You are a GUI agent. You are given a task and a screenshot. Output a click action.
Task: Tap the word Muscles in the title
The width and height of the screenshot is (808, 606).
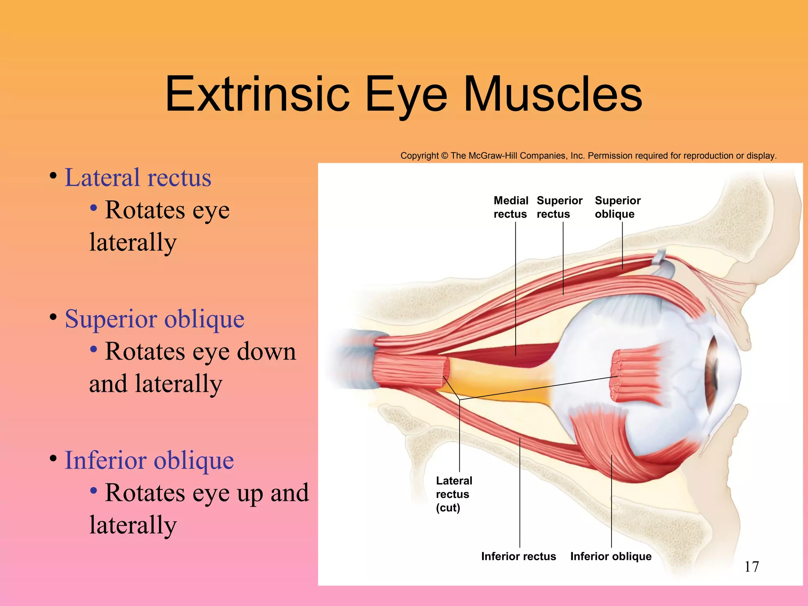coord(553,95)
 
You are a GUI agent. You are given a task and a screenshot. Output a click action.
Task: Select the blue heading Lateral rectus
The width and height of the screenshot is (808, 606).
coord(138,178)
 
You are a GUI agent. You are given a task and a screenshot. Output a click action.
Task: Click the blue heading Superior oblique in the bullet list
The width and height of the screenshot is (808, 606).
coord(154,319)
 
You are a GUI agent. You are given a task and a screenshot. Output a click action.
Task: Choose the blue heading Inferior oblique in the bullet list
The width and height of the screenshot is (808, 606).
coord(149,460)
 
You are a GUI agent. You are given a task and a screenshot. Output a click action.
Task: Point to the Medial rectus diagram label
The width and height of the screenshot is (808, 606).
coord(511,207)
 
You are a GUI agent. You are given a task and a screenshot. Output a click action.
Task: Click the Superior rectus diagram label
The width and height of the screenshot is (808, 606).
coord(559,207)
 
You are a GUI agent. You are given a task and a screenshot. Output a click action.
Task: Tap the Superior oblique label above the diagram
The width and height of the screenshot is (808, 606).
coord(617,207)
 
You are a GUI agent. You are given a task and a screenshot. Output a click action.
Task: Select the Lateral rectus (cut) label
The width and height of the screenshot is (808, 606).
coord(454,494)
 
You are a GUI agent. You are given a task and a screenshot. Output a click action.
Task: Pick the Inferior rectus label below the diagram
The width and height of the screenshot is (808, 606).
coord(518,556)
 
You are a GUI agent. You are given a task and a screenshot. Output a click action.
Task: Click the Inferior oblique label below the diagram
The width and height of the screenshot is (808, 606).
coord(611,556)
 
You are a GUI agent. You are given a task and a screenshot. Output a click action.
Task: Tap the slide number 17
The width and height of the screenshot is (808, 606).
coord(752,567)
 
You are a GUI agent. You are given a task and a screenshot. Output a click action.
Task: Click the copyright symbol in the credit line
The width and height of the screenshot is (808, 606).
coord(445,156)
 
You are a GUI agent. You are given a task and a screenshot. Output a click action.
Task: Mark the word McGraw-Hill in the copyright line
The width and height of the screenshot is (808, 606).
coord(493,156)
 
